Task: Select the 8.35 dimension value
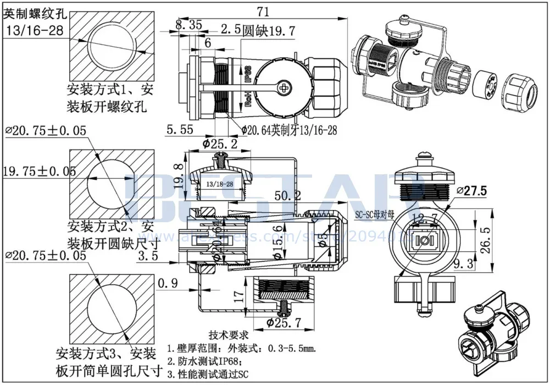point(189,25)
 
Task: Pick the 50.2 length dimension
point(288,196)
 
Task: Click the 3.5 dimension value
point(148,256)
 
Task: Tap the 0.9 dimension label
point(168,284)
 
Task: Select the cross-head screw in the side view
point(284,86)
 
